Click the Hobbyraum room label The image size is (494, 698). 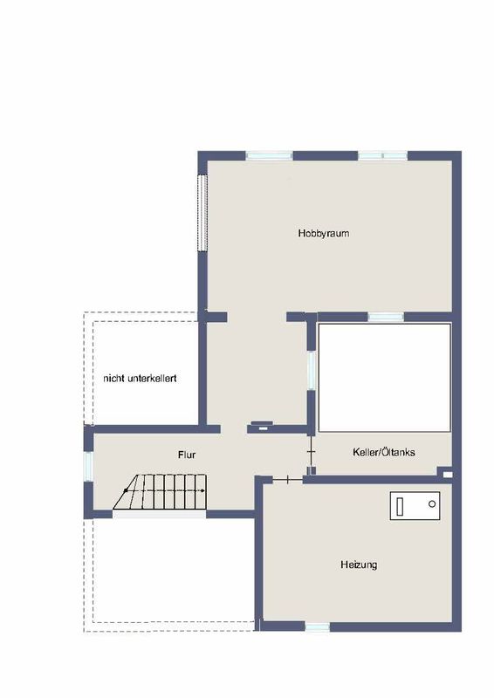324,233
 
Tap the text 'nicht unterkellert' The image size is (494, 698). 140,379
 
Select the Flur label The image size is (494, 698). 187,455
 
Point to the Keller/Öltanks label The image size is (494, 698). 383,452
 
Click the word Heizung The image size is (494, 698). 359,565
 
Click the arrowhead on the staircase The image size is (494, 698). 203,490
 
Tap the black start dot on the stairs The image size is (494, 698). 126,490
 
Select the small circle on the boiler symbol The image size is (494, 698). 432,504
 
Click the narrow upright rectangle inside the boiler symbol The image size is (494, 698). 400,507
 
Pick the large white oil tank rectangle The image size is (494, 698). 384,378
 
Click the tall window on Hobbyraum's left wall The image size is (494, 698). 202,212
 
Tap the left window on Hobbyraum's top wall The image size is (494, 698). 269,156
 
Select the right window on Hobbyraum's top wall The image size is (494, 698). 382,156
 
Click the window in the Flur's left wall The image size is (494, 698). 88,467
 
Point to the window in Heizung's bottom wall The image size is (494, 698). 317,626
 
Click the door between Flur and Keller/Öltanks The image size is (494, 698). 312,452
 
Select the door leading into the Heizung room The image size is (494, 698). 288,479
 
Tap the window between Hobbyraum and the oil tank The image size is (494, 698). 386,317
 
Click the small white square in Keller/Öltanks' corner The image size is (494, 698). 447,475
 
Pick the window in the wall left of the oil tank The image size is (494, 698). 312,370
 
